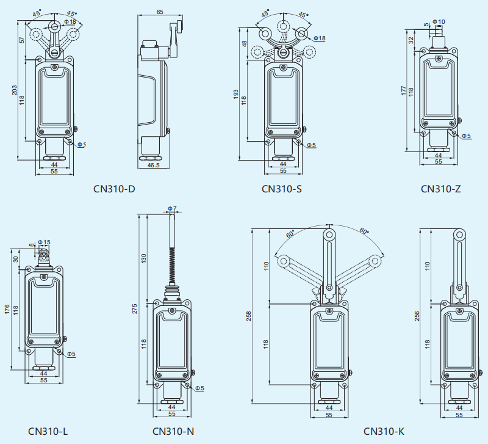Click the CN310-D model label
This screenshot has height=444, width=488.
coord(114,189)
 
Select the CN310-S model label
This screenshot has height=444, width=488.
coord(282,189)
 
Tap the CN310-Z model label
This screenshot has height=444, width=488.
coord(440,189)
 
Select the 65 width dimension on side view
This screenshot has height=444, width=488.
coord(160,12)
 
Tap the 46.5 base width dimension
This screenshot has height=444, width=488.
coord(153,165)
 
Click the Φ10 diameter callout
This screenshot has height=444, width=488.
coord(439,22)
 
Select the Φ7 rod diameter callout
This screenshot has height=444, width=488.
coord(172,209)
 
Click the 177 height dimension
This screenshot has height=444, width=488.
coord(403,90)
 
